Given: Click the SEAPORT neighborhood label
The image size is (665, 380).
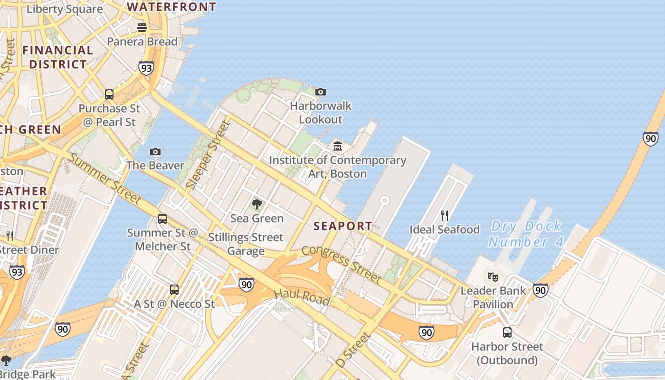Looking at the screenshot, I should coord(343,226).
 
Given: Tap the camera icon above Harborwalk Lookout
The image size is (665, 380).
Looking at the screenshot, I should coord(321,92).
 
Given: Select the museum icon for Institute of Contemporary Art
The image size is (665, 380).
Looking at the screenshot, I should coord(338,146).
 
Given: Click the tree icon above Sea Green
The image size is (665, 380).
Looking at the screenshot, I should coord(257,205).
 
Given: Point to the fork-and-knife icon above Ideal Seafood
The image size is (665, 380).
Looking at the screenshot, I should coord(445,216).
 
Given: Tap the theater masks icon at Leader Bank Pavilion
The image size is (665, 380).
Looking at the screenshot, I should coord(493,276).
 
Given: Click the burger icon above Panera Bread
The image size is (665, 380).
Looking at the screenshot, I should coord(142,28).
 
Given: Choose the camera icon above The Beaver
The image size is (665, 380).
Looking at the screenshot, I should coord(155,152).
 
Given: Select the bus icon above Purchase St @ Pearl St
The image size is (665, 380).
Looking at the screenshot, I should coord(109,95).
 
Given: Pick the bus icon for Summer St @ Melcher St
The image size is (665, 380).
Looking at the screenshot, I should coord(162,219).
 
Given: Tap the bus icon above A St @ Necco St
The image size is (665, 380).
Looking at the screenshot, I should coord(174,290).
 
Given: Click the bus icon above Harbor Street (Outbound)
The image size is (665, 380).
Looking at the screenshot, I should coord(507,332).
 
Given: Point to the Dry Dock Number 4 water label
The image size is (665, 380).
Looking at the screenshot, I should coord(526,234).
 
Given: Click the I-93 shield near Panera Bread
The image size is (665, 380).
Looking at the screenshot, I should coord(146,68).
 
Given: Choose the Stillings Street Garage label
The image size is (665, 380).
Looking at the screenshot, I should coord(246,244).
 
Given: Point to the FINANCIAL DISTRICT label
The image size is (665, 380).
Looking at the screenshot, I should coord(57,57).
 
